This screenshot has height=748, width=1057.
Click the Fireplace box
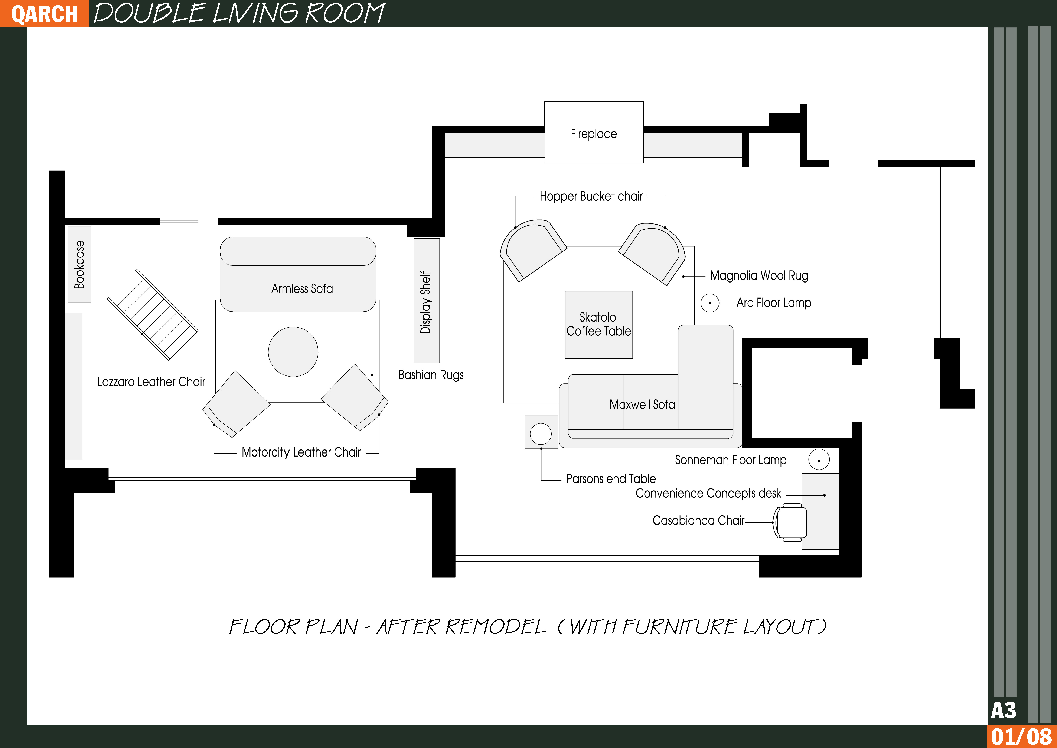[x=594, y=132]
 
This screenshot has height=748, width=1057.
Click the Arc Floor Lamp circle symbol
[x=710, y=303]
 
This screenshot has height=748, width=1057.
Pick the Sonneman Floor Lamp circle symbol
[x=819, y=460]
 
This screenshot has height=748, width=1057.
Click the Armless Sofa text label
[x=302, y=289]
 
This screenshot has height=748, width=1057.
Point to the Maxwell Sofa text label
[x=642, y=404]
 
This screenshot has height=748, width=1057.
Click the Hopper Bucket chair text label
[x=591, y=196]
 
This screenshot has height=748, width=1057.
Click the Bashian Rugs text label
[x=431, y=375]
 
